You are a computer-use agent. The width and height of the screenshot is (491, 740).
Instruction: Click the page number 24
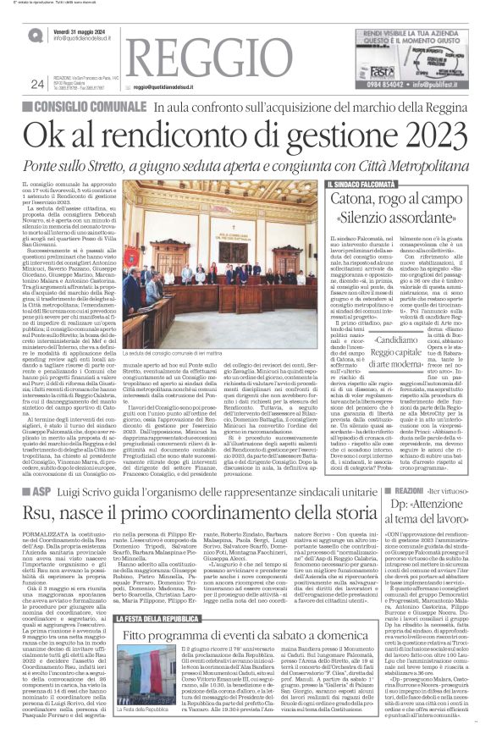pos(36,83)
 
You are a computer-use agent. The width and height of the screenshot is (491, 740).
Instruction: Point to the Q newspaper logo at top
pos(36,35)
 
